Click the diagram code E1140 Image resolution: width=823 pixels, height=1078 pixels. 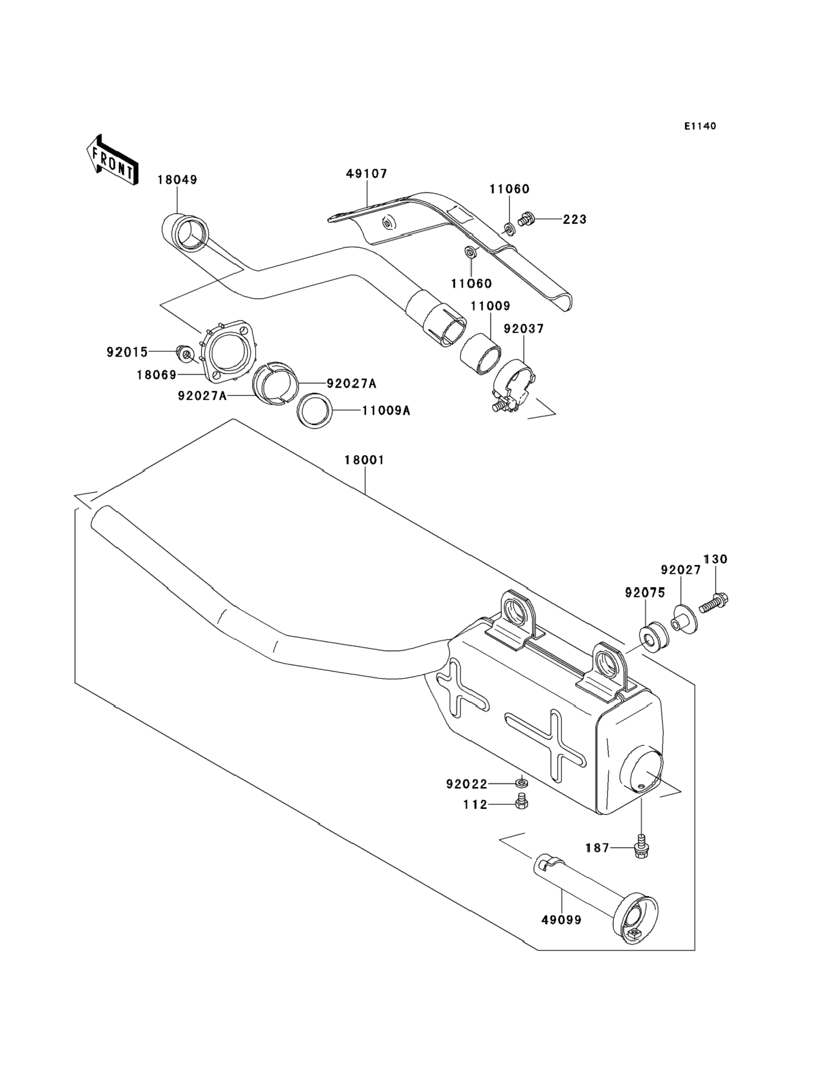click(701, 126)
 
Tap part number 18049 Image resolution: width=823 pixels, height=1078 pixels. click(177, 180)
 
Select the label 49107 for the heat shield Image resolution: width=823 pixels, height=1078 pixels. click(367, 173)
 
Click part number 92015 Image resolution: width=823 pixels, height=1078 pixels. click(127, 352)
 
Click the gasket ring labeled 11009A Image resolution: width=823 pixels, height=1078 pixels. click(315, 411)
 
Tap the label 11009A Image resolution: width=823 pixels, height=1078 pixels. click(386, 411)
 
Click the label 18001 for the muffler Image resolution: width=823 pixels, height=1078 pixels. click(365, 460)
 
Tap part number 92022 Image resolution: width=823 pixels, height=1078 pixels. click(467, 785)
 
